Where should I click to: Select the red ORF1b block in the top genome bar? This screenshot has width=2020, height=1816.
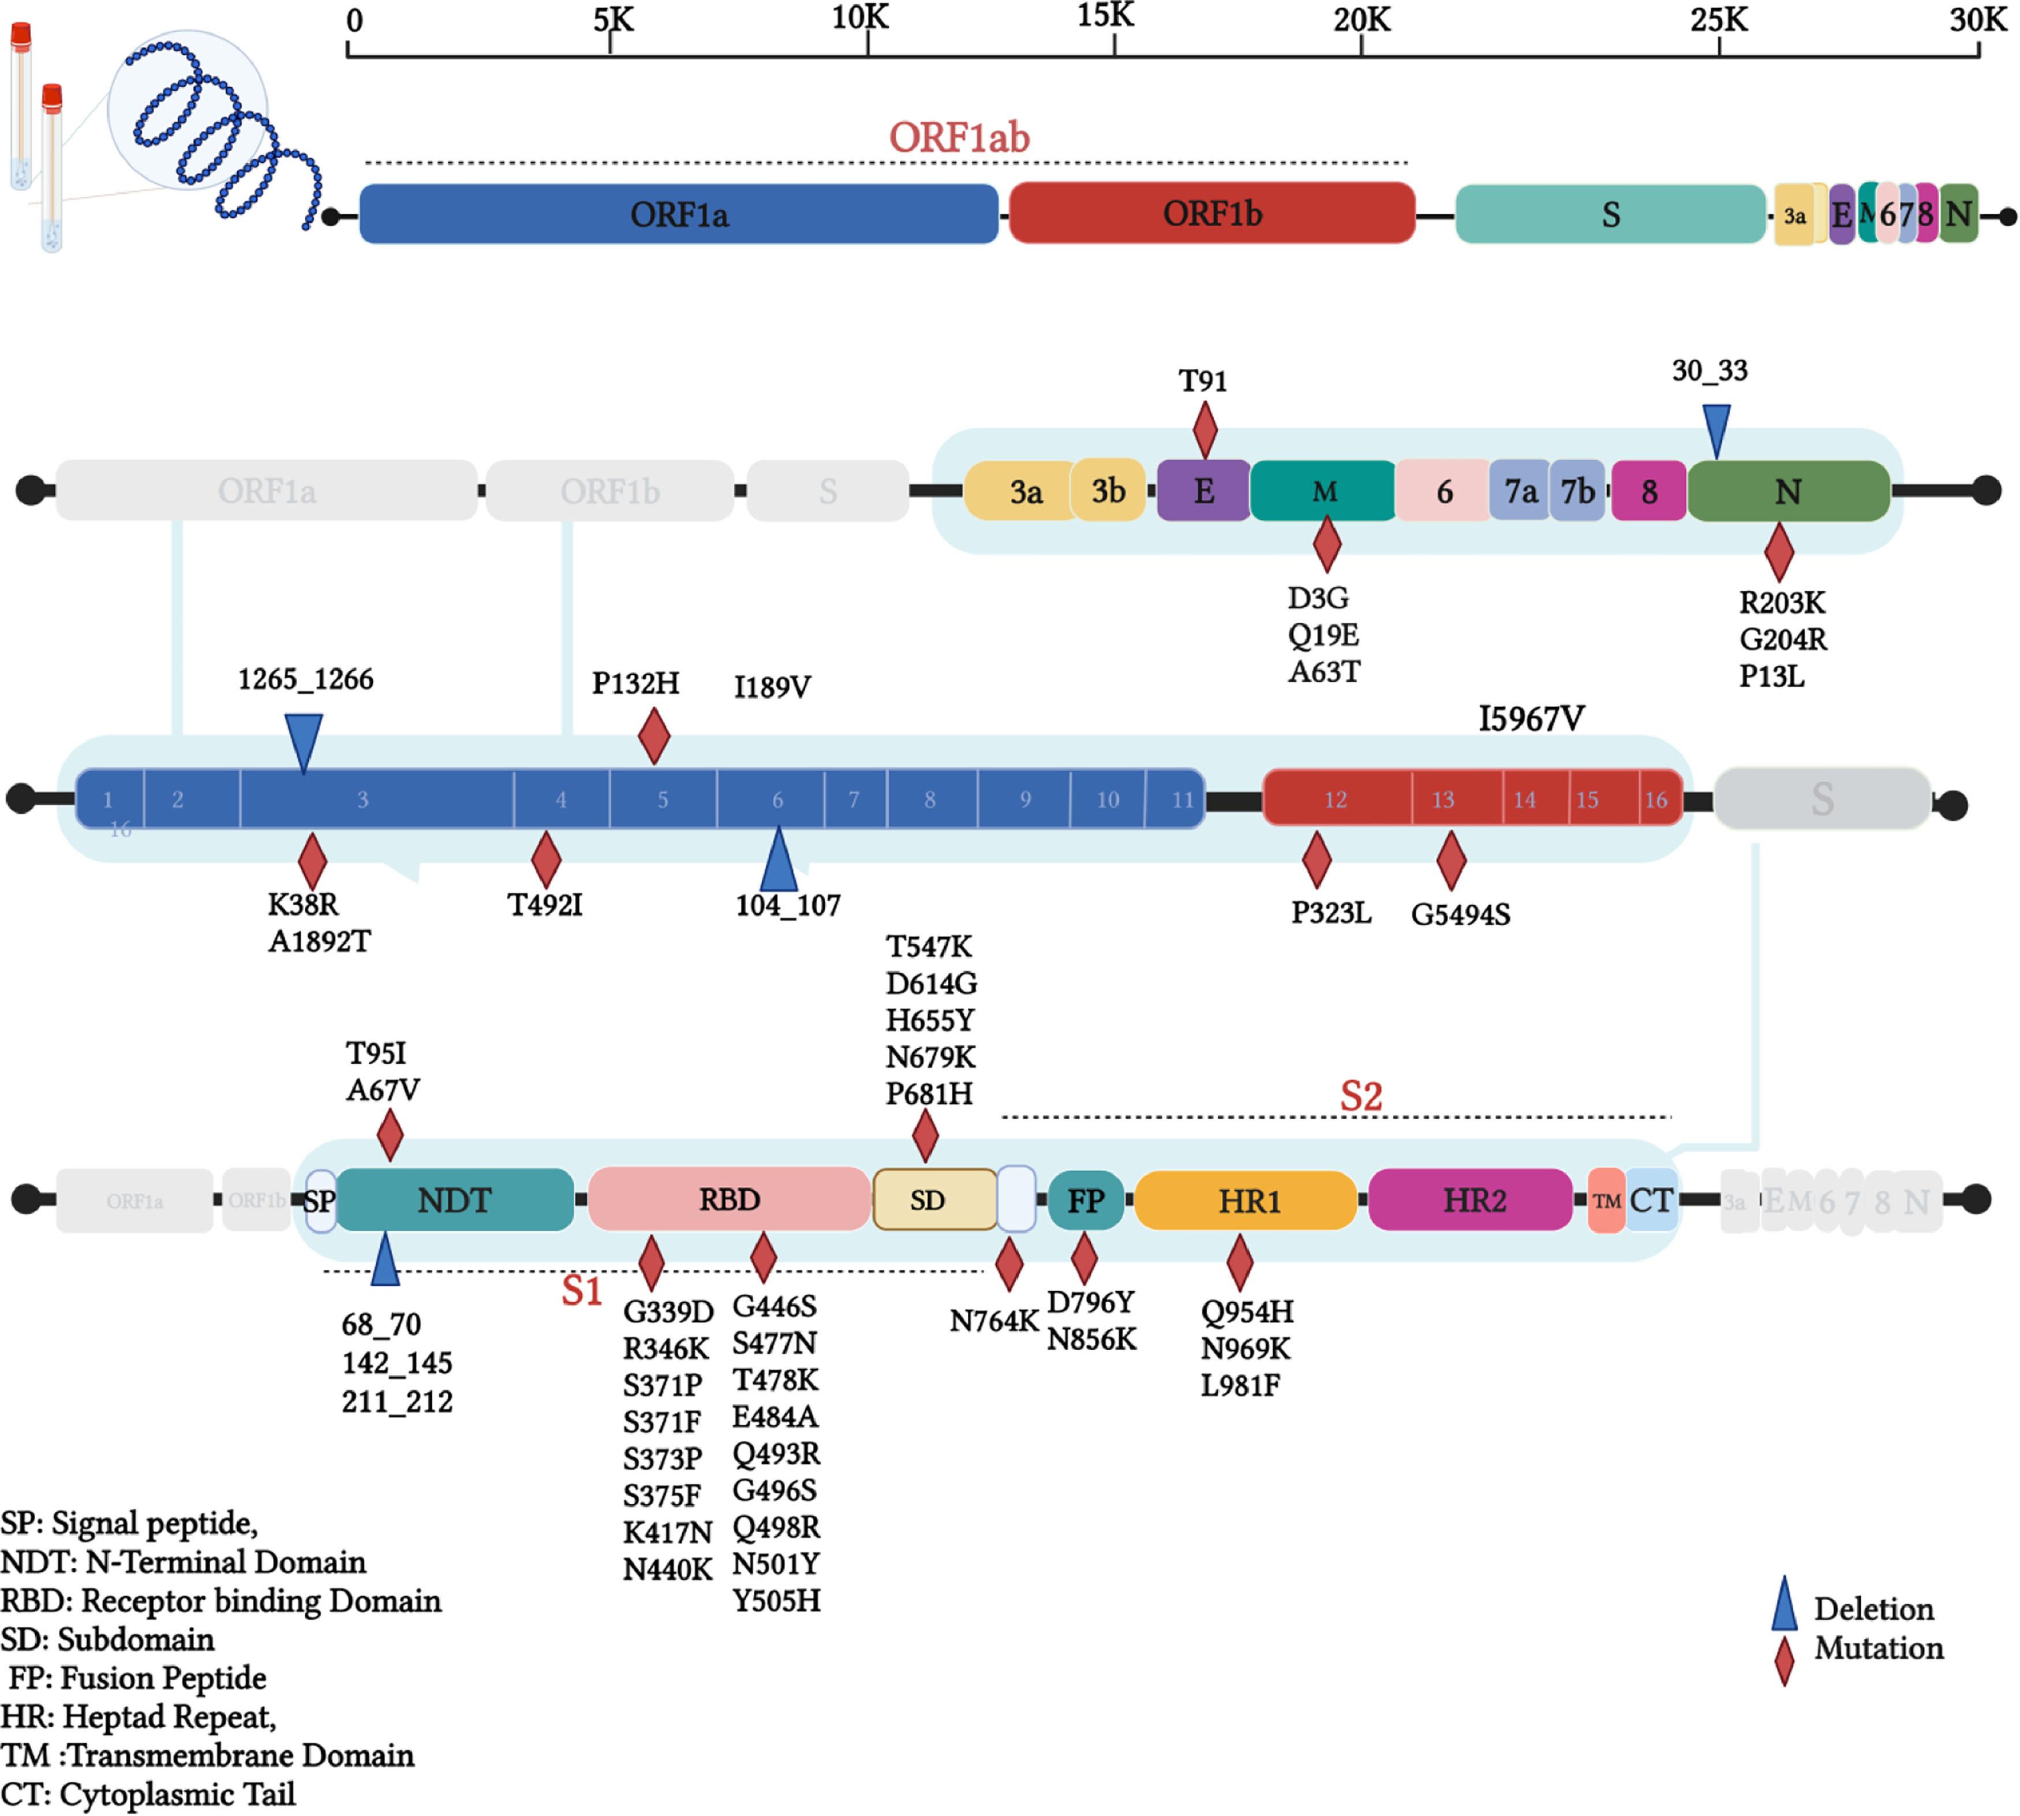click(x=1212, y=214)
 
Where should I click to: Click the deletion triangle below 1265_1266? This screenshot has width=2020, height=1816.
click(x=303, y=741)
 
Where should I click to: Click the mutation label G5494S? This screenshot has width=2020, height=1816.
click(x=1460, y=914)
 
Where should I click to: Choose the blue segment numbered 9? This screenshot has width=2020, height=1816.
click(x=1024, y=799)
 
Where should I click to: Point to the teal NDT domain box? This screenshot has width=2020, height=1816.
click(x=455, y=1200)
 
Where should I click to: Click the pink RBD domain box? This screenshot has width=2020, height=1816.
click(x=729, y=1200)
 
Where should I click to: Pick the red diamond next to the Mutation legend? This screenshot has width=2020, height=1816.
click(x=1783, y=1660)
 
